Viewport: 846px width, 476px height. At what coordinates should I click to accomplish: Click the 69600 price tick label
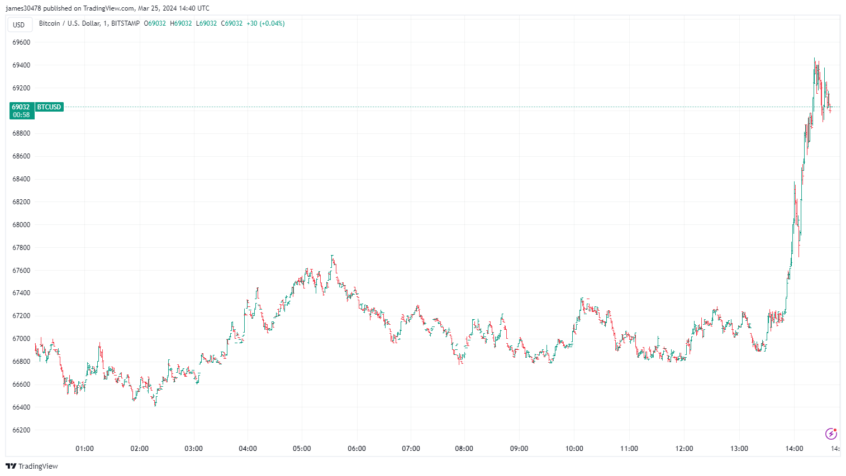pyautogui.click(x=21, y=42)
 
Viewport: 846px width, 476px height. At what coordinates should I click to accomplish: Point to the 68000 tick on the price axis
pyautogui.click(x=21, y=225)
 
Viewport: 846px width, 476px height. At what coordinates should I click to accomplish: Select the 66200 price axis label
pyautogui.click(x=21, y=430)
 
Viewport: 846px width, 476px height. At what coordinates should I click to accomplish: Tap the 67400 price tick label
pyautogui.click(x=21, y=293)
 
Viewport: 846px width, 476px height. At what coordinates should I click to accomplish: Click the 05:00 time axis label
pyautogui.click(x=302, y=449)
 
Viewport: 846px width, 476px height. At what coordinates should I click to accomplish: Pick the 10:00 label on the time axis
pyautogui.click(x=574, y=449)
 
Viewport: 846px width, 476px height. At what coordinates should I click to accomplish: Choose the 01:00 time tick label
pyautogui.click(x=84, y=449)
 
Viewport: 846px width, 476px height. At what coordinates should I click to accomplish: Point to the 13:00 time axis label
pyautogui.click(x=739, y=449)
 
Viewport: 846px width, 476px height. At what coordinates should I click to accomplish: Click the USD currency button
pyautogui.click(x=19, y=25)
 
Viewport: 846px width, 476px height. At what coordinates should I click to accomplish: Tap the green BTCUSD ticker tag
pyautogui.click(x=49, y=107)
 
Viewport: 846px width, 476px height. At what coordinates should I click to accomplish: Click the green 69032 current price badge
pyautogui.click(x=21, y=107)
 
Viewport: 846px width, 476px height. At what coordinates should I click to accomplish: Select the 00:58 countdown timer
pyautogui.click(x=21, y=115)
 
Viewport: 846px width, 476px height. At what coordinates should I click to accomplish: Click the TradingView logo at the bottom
pyautogui.click(x=32, y=467)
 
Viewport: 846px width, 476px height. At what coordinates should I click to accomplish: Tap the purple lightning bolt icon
pyautogui.click(x=831, y=434)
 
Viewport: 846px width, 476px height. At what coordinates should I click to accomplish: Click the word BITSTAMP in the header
pyautogui.click(x=125, y=23)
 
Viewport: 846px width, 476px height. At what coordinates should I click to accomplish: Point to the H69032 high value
pyautogui.click(x=181, y=23)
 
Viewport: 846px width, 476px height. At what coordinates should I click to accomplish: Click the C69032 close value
pyautogui.click(x=232, y=23)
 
